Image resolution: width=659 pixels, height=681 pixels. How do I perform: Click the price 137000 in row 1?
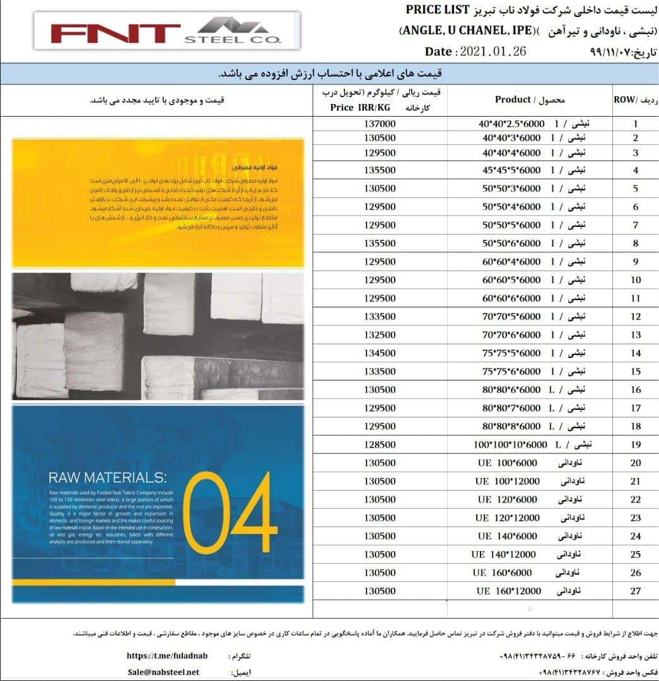tap(380, 123)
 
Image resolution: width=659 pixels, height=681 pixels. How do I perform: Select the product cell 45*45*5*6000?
tap(511, 170)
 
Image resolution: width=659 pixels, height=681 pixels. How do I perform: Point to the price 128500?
tap(380, 445)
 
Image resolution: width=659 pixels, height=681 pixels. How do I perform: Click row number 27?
tap(635, 591)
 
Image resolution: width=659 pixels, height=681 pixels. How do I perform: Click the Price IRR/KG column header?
tap(364, 107)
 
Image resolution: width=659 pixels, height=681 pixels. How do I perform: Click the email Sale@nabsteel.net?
tap(163, 672)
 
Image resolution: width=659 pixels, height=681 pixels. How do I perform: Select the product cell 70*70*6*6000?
tap(511, 334)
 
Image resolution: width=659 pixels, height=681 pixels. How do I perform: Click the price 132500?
tap(380, 334)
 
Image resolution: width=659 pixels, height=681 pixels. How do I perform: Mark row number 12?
tap(635, 317)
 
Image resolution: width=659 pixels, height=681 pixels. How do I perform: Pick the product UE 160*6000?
tap(502, 573)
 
